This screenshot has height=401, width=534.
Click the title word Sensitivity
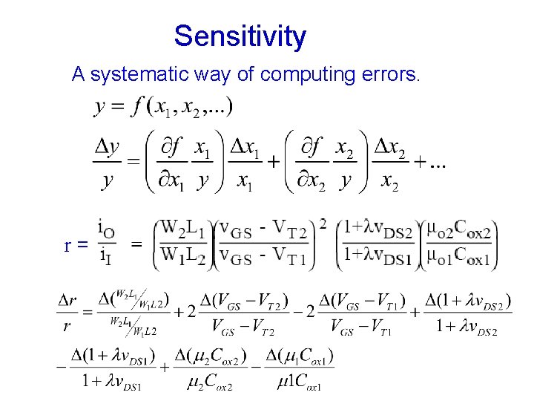(240, 36)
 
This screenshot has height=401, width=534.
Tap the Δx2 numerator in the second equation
(389, 148)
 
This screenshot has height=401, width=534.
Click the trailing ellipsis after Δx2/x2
(436, 165)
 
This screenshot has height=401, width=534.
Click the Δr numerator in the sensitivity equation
(68, 301)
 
